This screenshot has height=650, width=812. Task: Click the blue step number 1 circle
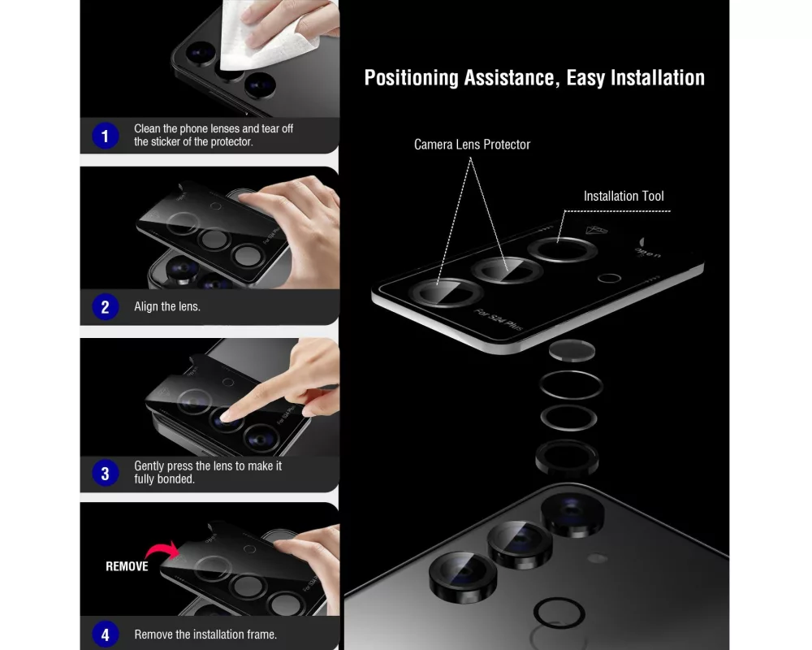point(105,136)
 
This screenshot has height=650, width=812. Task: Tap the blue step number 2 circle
point(105,307)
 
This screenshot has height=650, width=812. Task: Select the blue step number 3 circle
point(105,473)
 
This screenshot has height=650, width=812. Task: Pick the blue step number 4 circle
point(105,634)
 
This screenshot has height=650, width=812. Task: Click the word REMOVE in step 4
point(127,566)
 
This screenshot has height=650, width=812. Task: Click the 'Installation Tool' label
point(624,196)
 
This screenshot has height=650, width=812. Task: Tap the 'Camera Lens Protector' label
point(472,145)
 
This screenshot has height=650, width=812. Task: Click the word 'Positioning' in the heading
point(411,78)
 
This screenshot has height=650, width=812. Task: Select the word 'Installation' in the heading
point(657,78)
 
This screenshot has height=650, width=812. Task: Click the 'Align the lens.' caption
point(166,306)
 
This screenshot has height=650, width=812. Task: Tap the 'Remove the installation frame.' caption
point(205,634)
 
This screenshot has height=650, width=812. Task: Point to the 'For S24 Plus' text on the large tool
point(499,319)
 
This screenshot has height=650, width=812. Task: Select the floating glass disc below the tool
point(572,350)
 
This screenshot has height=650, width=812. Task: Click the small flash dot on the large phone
point(597,558)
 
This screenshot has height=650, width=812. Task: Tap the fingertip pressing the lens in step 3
point(228,415)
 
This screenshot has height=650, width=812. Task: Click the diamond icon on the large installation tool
point(596,230)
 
